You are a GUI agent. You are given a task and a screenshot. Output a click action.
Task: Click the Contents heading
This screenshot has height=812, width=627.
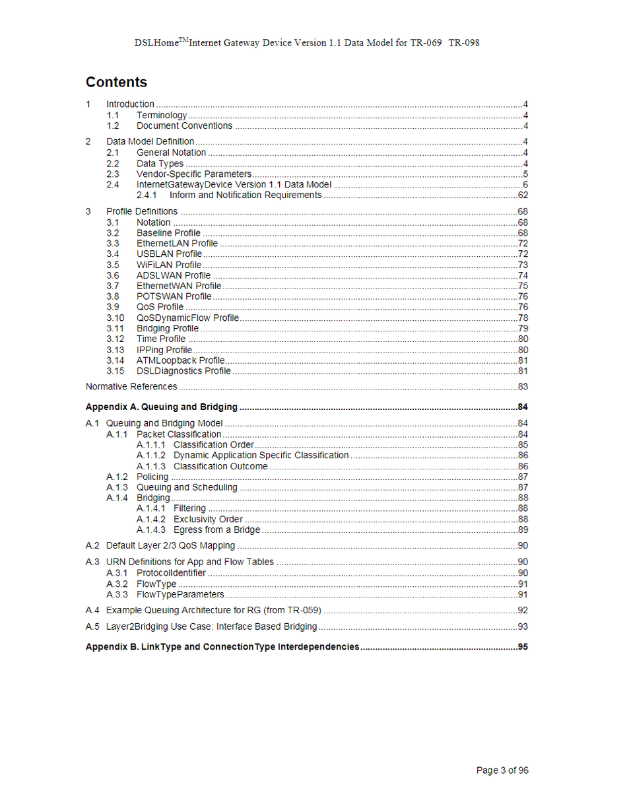tap(116, 83)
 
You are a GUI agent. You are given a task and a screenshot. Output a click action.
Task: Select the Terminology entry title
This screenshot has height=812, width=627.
tap(162, 116)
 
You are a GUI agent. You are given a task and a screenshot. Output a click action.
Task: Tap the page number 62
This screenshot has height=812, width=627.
tap(523, 195)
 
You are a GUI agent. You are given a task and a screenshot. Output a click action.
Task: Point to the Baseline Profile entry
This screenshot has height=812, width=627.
tap(168, 233)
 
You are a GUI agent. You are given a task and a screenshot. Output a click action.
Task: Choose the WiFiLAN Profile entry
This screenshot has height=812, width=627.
tap(169, 265)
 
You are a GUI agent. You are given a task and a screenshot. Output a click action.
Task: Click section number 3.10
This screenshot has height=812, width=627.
tap(115, 318)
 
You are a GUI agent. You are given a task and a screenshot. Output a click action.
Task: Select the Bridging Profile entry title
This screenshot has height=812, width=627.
tap(168, 329)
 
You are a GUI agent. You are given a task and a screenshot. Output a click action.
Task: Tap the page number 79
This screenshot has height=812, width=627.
tap(523, 329)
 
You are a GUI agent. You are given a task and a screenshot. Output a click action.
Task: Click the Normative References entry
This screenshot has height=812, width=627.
tap(131, 387)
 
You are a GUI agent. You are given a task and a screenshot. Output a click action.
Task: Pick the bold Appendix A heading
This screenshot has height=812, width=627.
tap(162, 407)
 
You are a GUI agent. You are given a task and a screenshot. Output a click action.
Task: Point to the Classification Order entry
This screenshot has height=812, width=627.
tap(213, 445)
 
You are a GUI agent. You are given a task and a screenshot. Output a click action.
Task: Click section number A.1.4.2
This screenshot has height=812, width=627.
tap(151, 520)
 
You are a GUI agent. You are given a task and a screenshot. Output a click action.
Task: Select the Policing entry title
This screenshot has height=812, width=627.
tap(152, 477)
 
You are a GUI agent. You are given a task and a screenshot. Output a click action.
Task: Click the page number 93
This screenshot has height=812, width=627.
tap(523, 626)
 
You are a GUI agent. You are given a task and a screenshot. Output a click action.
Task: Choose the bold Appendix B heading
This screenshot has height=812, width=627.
tap(222, 647)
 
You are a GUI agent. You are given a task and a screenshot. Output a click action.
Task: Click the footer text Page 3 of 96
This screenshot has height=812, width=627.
tap(502, 770)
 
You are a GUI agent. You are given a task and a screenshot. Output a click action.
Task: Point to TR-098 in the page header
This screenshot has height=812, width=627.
tap(464, 43)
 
